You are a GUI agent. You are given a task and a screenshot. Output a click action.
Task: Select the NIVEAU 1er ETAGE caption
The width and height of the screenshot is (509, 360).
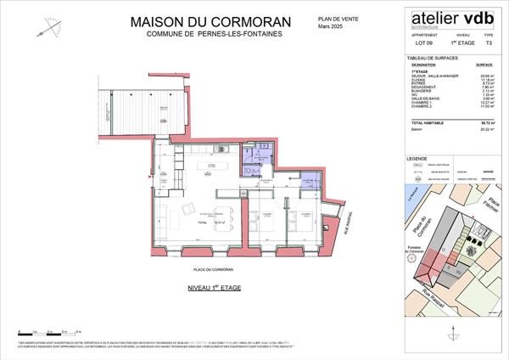(214, 289)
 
